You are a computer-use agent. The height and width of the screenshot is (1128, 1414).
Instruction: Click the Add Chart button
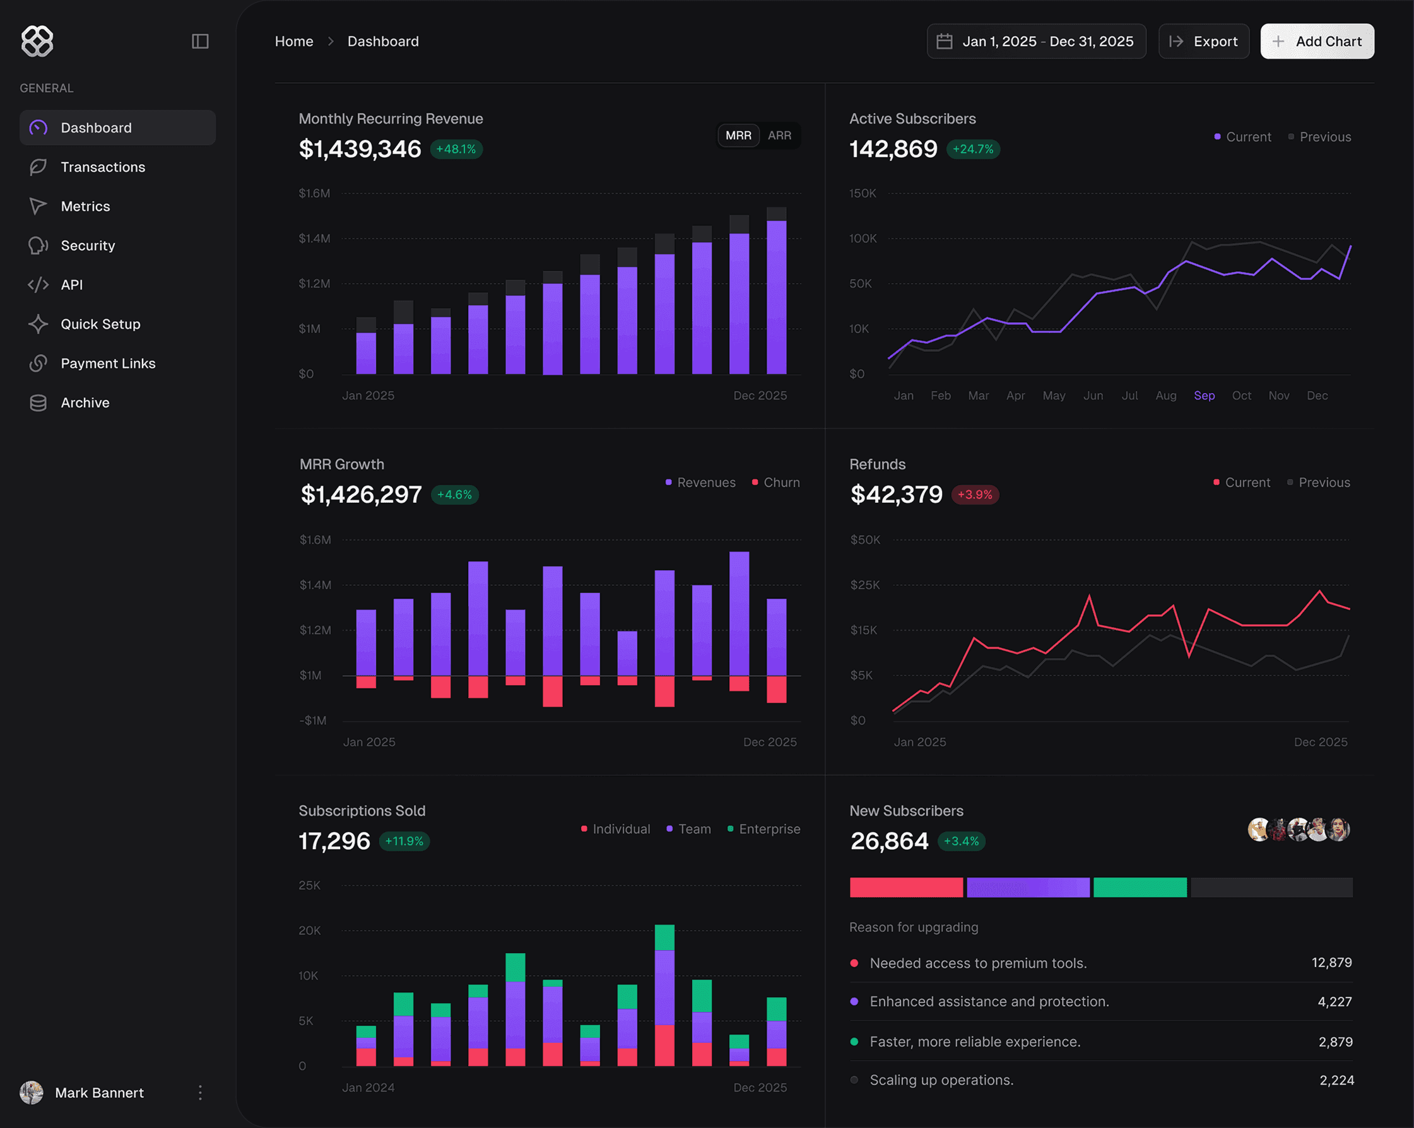(x=1317, y=41)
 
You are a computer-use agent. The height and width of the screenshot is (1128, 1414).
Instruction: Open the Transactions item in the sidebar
(x=102, y=167)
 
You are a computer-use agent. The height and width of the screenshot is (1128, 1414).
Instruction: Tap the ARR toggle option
(x=779, y=136)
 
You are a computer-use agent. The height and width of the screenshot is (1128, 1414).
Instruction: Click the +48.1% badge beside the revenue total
(x=456, y=150)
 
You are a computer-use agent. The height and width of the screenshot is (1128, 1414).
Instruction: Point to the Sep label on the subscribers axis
(x=1204, y=396)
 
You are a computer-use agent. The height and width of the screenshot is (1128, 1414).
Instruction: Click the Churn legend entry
(x=781, y=483)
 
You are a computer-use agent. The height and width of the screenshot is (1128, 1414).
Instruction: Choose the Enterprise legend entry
(x=769, y=829)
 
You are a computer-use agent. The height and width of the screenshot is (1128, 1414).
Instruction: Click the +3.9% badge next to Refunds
(x=975, y=495)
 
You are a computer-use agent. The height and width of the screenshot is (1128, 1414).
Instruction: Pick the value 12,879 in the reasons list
(x=1331, y=963)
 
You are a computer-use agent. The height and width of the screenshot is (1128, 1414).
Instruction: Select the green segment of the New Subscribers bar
(x=1140, y=887)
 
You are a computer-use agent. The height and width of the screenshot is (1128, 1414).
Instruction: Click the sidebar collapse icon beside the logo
(x=200, y=41)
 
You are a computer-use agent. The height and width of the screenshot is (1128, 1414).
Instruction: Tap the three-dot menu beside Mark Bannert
(x=200, y=1092)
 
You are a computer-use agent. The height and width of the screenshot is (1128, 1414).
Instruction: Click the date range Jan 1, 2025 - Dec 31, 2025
(x=1036, y=41)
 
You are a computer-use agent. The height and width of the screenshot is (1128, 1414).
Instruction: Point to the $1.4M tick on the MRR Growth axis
(x=315, y=585)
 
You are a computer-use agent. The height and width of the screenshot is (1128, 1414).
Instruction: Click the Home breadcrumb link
(x=294, y=41)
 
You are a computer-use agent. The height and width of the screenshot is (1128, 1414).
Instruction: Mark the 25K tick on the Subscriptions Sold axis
(x=310, y=885)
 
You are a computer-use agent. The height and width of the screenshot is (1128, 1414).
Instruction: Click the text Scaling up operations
(x=941, y=1080)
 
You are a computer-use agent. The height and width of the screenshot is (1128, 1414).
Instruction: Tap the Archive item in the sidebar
(x=85, y=402)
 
